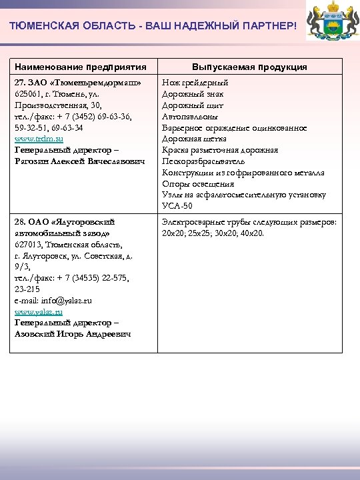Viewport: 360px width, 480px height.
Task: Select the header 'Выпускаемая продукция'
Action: pos(249,67)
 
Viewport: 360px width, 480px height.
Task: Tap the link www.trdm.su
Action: pos(39,139)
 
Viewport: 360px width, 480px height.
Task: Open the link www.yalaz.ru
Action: pos(39,311)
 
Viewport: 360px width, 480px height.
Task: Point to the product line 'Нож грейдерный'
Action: pos(195,83)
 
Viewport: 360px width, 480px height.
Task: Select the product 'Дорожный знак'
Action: pos(193,94)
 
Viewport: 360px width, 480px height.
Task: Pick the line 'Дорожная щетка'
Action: pos(194,139)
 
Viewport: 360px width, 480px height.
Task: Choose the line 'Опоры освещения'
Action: pos(198,184)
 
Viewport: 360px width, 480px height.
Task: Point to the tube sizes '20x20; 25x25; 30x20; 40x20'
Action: pos(213,233)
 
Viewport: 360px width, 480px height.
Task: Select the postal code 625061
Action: pos(29,94)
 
